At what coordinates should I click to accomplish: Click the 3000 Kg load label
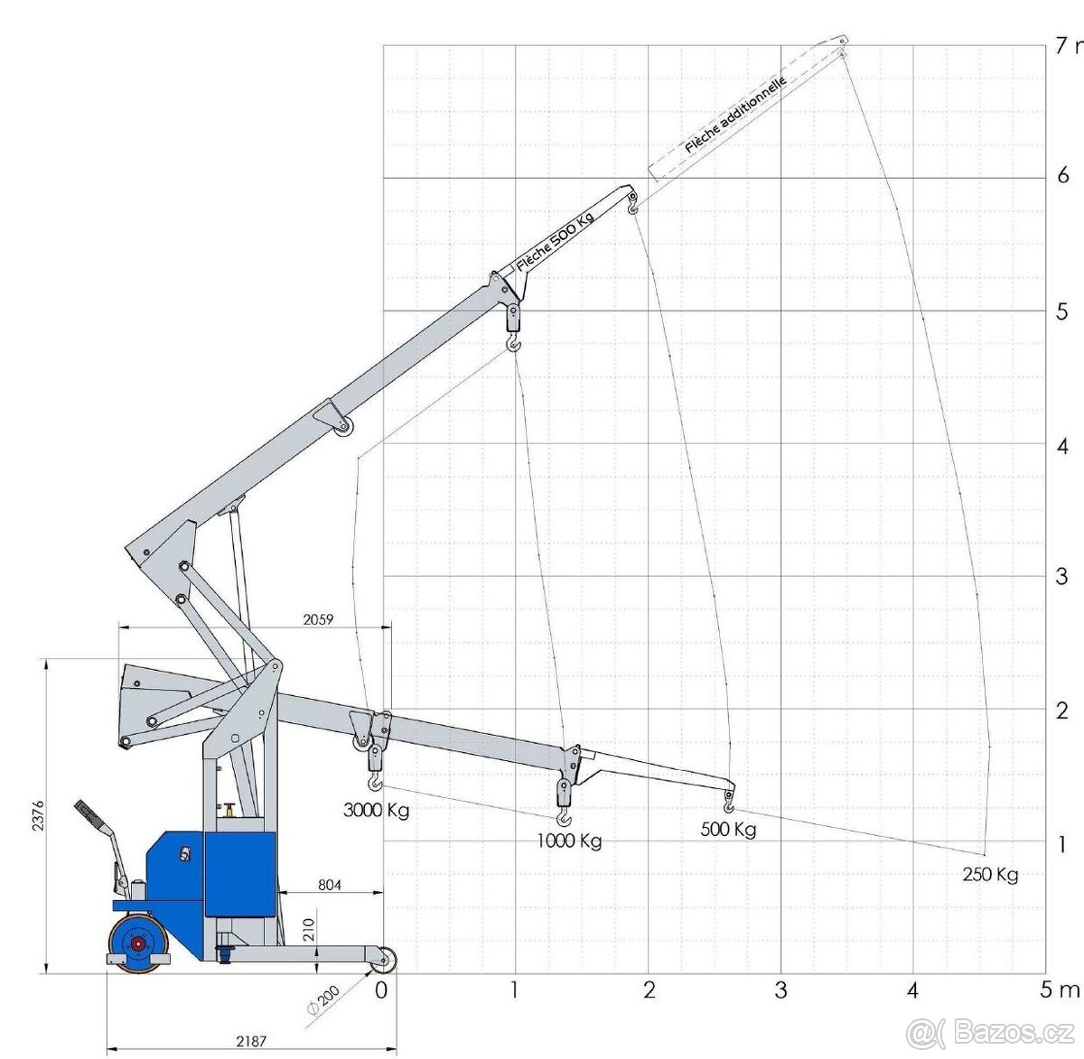(x=376, y=811)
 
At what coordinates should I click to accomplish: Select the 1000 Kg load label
(x=569, y=841)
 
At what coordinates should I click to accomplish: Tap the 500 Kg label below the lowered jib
(x=729, y=831)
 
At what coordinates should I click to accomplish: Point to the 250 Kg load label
(x=990, y=875)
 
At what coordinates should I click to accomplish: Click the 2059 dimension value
(x=318, y=619)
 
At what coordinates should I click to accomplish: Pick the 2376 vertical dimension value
(x=37, y=817)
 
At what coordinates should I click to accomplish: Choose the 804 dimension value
(x=329, y=885)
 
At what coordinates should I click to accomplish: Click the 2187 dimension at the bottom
(x=251, y=1041)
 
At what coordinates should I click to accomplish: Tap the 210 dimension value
(x=309, y=929)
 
